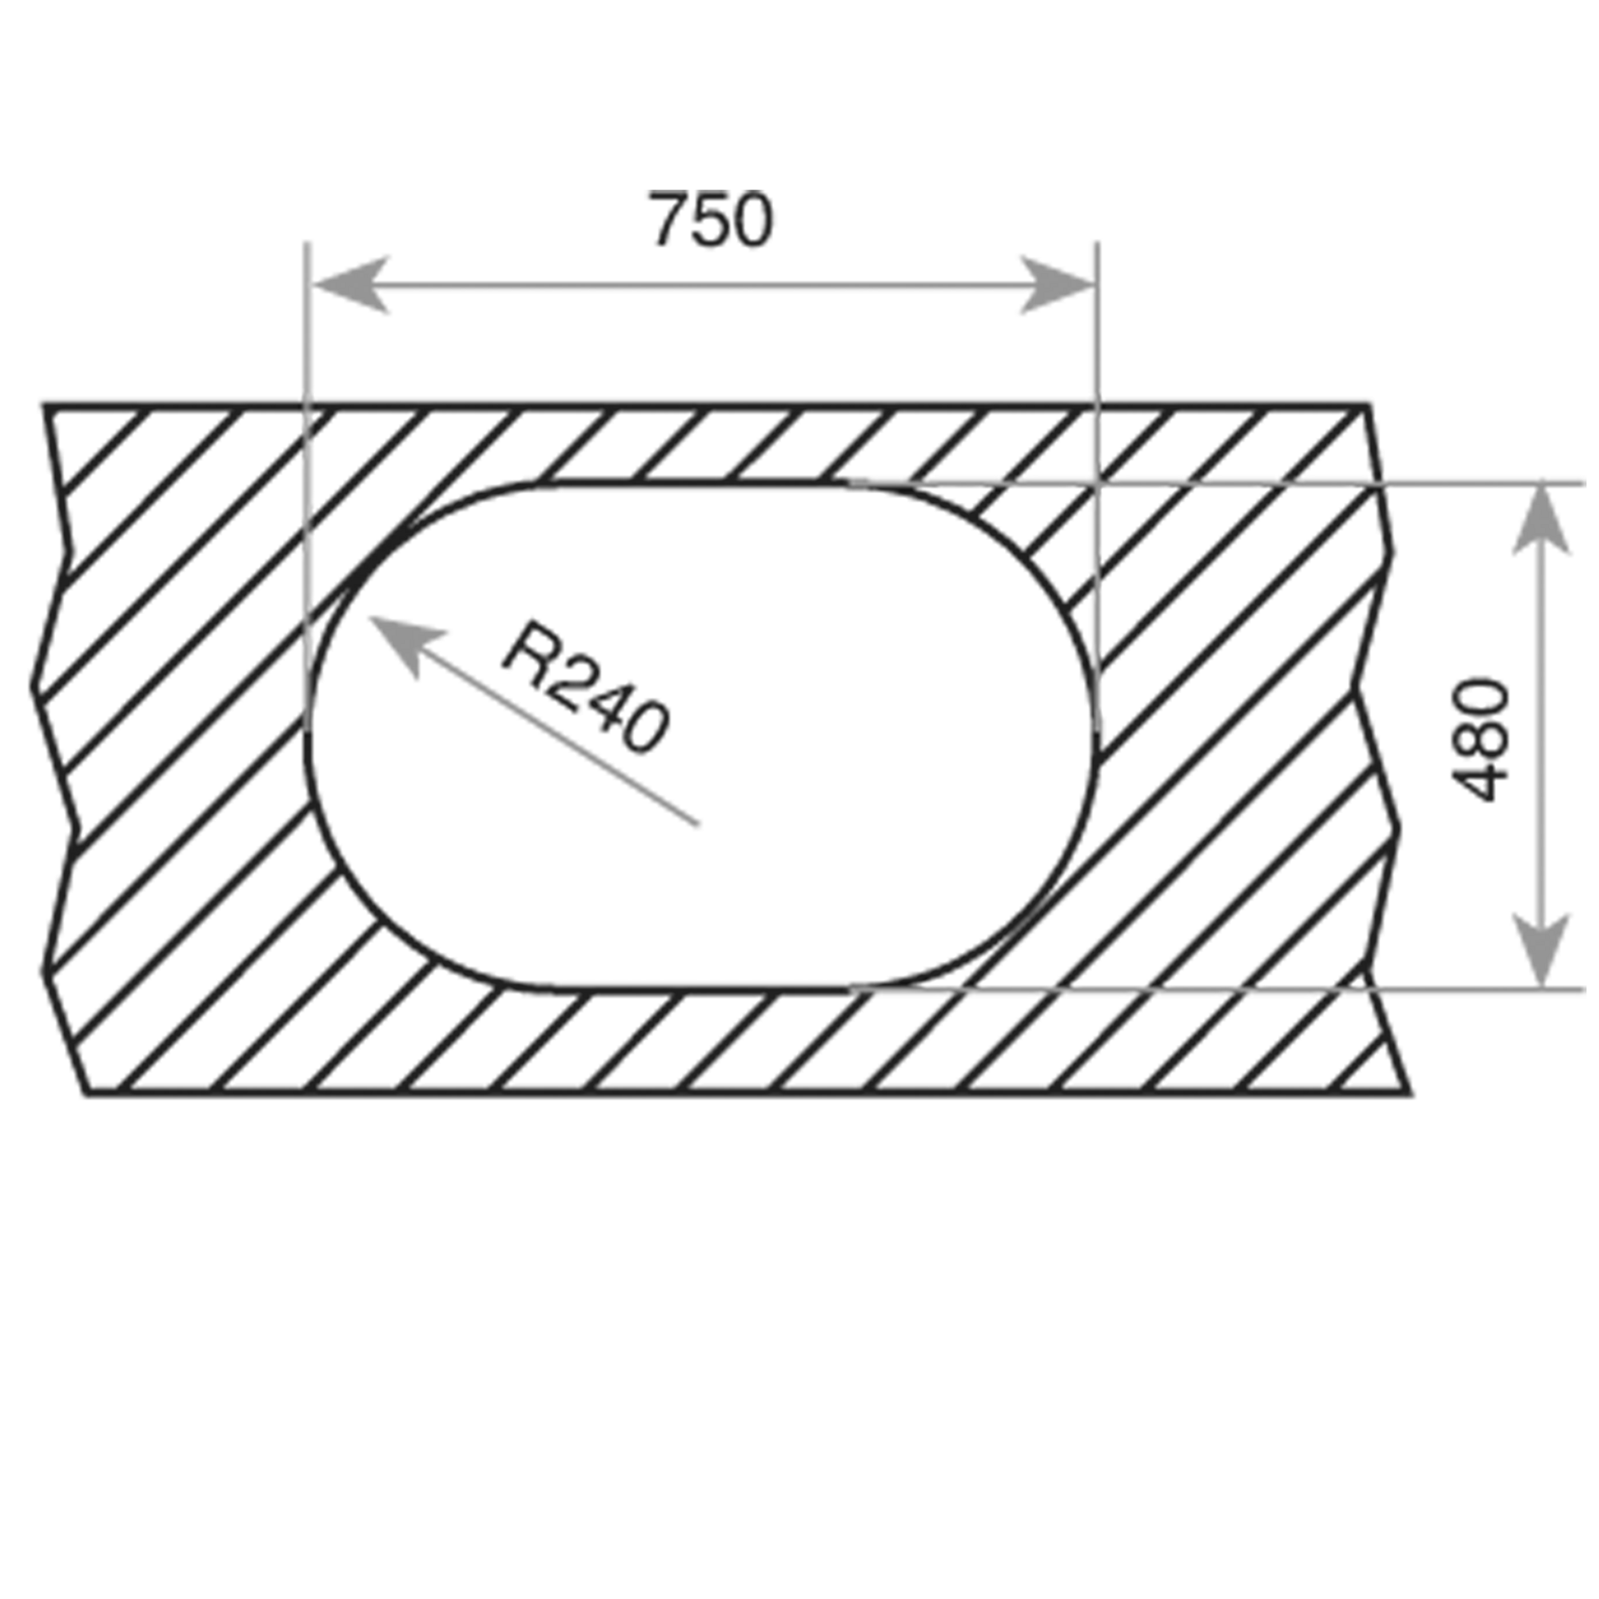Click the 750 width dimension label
(x=712, y=219)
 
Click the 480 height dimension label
(x=1481, y=739)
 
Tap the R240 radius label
(x=584, y=687)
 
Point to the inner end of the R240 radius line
(x=700, y=825)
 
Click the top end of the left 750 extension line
(x=307, y=241)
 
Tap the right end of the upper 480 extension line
(x=1584, y=481)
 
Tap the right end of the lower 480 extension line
(x=1584, y=989)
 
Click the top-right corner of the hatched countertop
(x=1370, y=403)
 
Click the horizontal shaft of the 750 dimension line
(x=704, y=286)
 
